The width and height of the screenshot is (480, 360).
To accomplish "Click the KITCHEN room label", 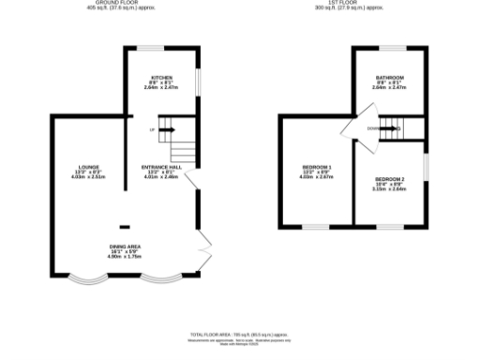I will coord(161,78).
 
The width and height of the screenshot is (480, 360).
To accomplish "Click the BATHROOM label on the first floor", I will coord(390,78).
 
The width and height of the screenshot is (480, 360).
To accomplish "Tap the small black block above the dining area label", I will coord(124,226).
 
